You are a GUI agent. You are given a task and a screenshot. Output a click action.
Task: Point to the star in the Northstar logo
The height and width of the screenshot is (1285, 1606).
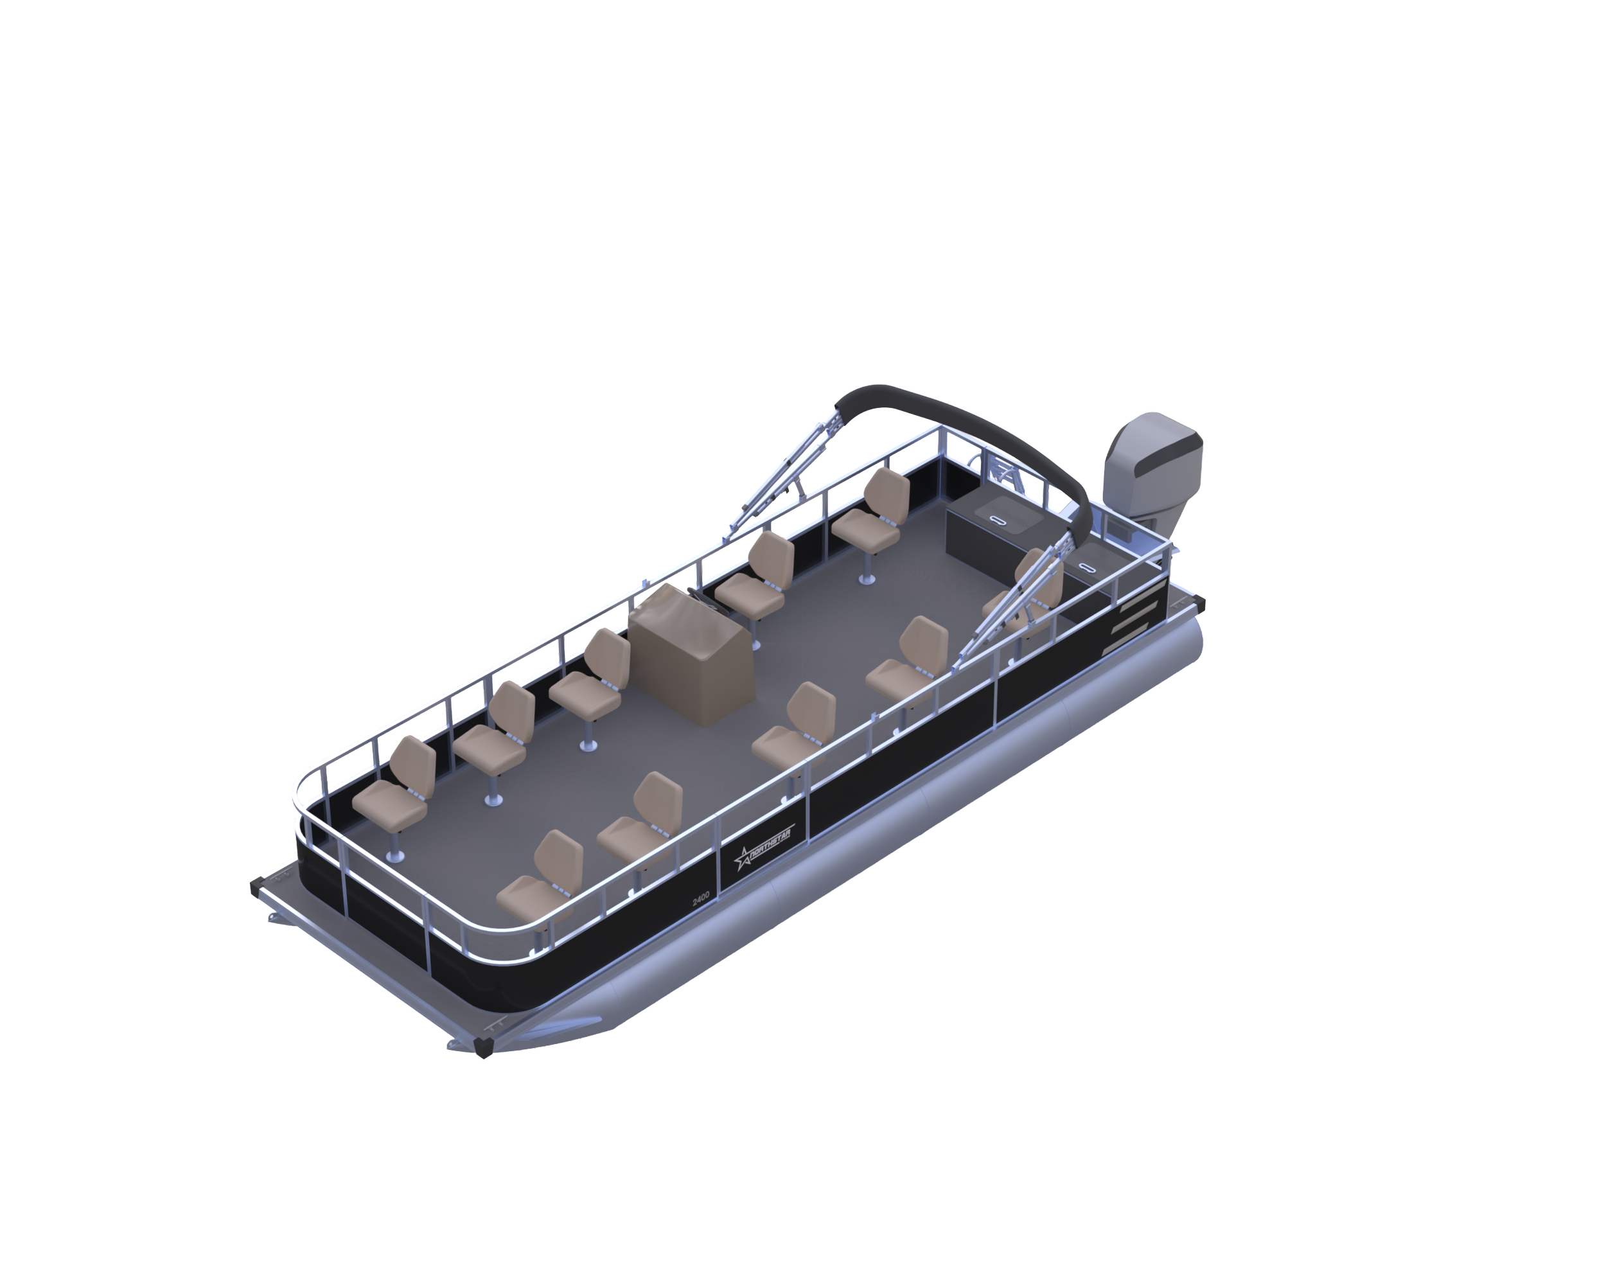[x=743, y=859]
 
